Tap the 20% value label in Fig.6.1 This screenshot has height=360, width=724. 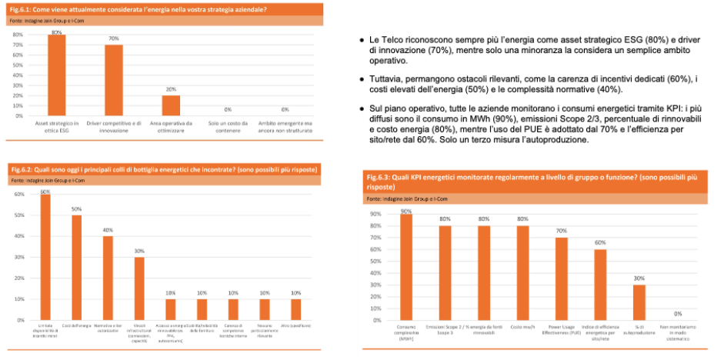(171, 89)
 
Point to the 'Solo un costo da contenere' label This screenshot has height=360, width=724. (228, 127)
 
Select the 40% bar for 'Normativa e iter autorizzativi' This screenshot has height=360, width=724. (108, 278)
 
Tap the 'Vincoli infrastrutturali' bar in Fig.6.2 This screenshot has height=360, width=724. (139, 288)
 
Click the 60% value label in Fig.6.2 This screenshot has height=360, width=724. (45, 191)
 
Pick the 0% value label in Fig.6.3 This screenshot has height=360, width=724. (678, 314)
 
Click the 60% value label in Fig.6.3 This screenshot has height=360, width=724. (599, 244)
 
